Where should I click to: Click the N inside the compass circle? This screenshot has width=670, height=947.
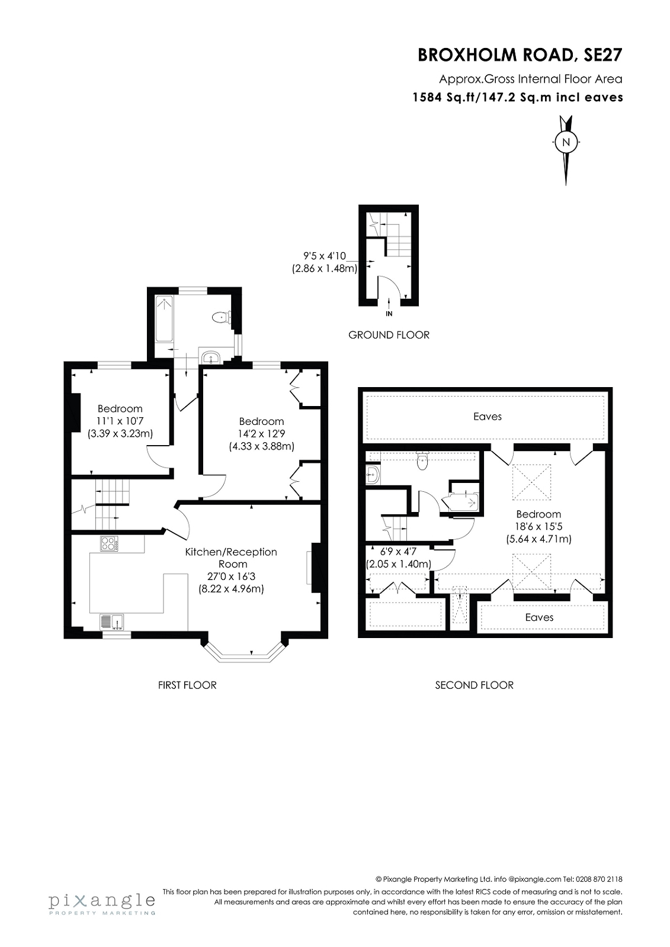coord(566,142)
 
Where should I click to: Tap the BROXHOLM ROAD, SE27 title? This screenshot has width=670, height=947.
coord(520,56)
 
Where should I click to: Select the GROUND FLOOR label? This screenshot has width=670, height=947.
coord(389,335)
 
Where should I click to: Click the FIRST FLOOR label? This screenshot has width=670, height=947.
coord(187,685)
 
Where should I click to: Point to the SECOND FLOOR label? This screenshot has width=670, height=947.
coord(474,685)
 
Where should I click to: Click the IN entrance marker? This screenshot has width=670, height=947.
coord(389,314)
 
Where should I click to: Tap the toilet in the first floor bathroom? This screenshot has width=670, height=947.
coord(221,317)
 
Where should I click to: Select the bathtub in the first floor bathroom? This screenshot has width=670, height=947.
coord(164,319)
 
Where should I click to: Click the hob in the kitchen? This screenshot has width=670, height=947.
coord(109,543)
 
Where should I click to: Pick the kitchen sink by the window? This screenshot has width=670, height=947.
coord(112,622)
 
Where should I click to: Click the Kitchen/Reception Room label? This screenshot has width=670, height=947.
coord(231,558)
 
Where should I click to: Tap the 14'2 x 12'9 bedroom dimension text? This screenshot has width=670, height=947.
coord(261,433)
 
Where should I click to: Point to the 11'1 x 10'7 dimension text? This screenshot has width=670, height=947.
coord(120,421)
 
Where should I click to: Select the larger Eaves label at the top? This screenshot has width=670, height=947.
coord(487,417)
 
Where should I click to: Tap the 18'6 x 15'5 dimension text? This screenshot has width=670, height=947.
coord(539,527)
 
